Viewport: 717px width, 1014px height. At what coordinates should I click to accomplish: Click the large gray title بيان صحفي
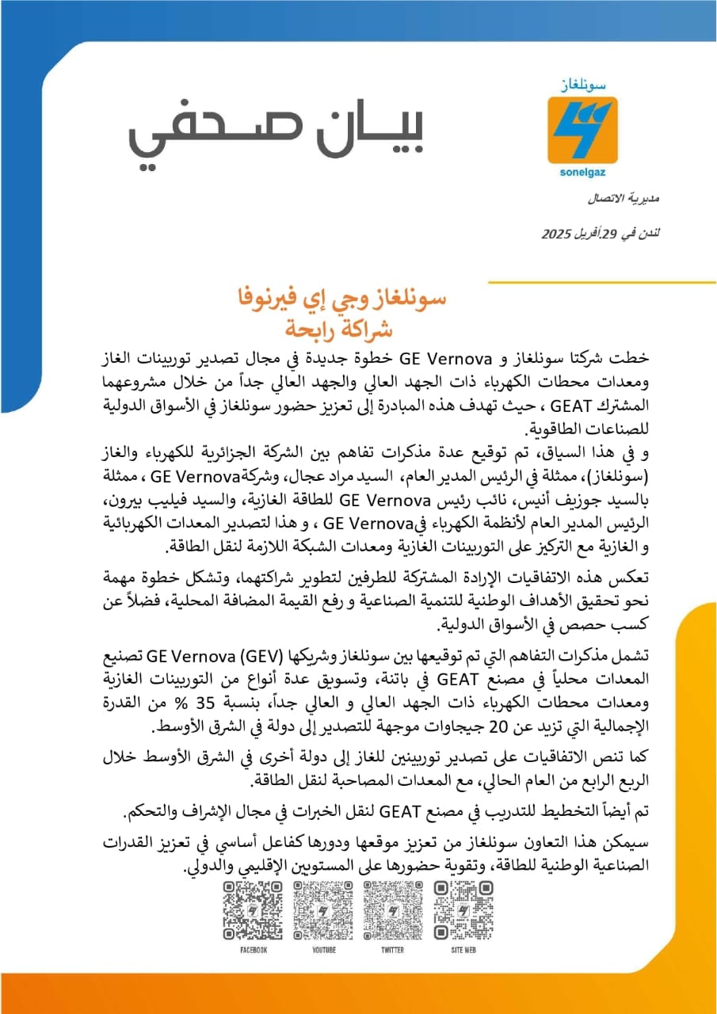277,134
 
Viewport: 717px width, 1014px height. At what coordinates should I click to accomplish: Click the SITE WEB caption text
463,950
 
